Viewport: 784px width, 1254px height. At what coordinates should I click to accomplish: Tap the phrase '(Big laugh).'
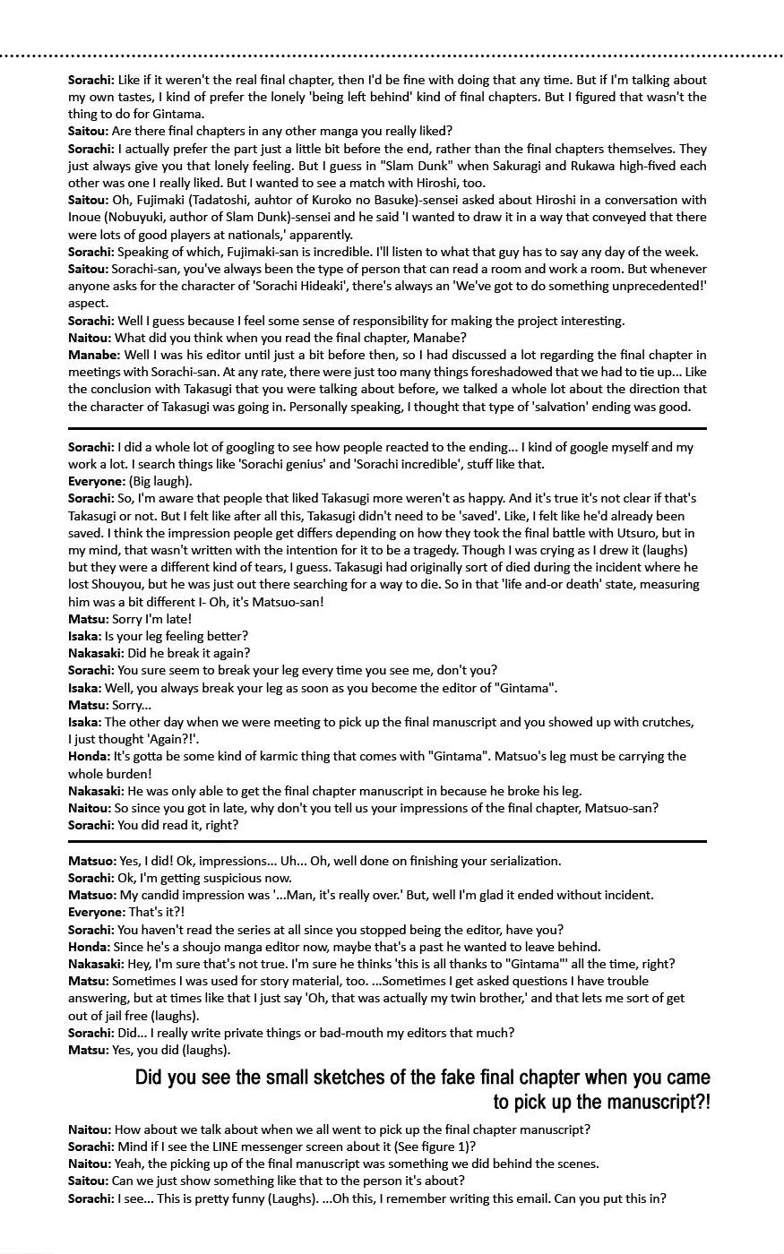[159, 481]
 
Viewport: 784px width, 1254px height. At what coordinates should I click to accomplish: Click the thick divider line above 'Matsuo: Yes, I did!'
[387, 842]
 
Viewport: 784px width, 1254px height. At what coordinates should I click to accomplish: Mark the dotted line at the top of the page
[392, 56]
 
